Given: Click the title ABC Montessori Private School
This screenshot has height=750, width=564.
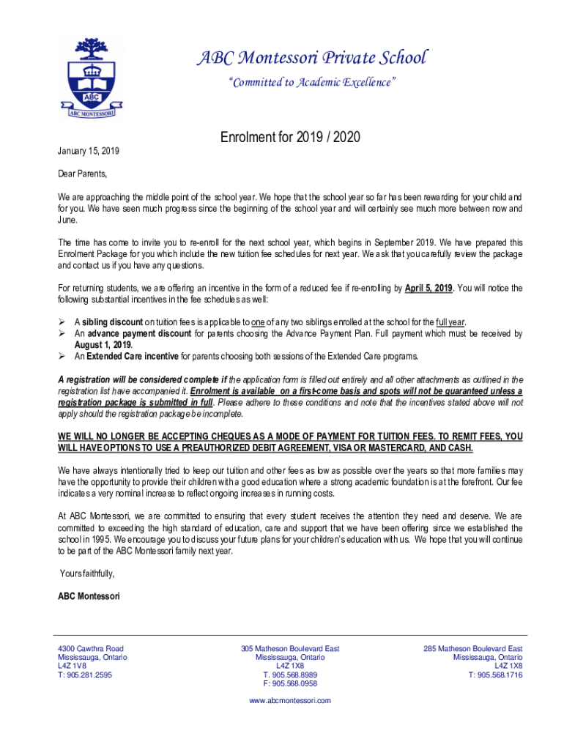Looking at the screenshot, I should [x=311, y=57].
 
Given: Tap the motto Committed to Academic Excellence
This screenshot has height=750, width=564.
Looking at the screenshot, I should [x=311, y=83].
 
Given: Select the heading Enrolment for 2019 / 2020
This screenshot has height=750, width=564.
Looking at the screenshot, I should [x=290, y=138].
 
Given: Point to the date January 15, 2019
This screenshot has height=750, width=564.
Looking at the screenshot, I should [x=89, y=151].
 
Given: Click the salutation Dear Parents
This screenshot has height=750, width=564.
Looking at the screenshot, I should [x=83, y=174].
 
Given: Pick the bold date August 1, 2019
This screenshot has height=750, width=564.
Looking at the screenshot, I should [x=103, y=345].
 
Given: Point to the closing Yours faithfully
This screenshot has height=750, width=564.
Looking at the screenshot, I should [x=86, y=573].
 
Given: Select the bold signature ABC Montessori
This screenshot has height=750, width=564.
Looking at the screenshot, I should [x=89, y=597].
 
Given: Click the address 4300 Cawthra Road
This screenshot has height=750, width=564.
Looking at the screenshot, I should [x=91, y=649].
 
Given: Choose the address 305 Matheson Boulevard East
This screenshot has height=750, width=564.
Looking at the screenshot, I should [x=290, y=649].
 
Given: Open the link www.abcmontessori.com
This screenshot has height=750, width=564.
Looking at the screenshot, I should [x=290, y=701].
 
